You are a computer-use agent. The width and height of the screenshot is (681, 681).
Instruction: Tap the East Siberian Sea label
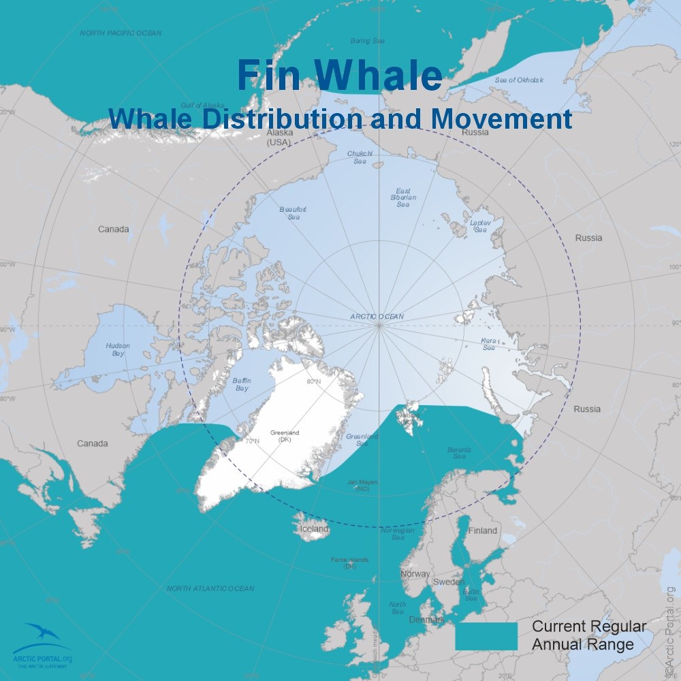(403, 197)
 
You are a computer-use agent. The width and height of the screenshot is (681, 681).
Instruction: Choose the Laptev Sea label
(480, 226)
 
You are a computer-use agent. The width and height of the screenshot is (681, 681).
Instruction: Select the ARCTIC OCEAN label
(377, 317)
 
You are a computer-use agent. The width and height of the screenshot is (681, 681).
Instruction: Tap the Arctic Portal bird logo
(42, 636)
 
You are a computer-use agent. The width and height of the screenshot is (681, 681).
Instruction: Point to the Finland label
(483, 530)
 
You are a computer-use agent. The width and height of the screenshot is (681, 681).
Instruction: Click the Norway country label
(415, 574)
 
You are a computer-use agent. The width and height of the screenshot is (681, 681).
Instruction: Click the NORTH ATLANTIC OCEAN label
(210, 588)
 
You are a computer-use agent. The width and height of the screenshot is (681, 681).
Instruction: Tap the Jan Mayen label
(362, 486)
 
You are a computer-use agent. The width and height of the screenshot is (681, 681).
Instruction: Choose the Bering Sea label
(367, 41)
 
